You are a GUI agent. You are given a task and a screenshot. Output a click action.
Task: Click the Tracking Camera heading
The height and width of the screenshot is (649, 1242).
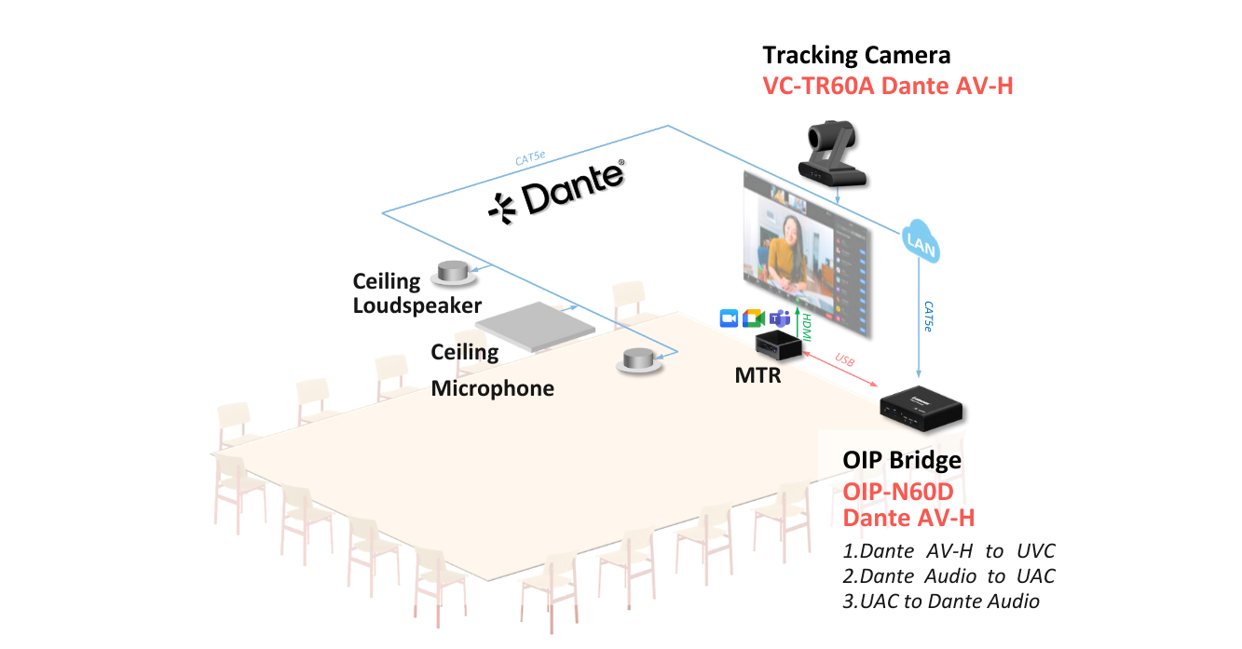pos(856,56)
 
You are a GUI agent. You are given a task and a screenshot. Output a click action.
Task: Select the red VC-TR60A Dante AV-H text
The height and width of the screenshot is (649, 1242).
pos(888,86)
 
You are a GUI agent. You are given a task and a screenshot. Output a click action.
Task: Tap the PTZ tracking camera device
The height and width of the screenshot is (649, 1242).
pos(832,154)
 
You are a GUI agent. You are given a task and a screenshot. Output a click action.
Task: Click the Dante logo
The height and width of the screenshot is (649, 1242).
pos(556,192)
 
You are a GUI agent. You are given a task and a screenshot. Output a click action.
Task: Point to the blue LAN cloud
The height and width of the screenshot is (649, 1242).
pos(921,242)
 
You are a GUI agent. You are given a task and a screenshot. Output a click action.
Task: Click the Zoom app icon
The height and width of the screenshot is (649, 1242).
pos(729,318)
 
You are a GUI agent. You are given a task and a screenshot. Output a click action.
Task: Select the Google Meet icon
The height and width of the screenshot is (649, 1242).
pos(754,318)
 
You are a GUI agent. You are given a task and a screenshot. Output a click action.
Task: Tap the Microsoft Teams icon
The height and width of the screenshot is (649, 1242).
pos(780,318)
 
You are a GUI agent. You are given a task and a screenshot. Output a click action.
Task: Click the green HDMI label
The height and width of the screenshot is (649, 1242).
pos(807,327)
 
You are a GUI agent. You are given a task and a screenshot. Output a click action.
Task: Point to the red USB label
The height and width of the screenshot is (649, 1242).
pos(845,360)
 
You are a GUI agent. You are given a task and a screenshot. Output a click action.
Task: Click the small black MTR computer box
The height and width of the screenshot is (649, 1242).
pos(779,345)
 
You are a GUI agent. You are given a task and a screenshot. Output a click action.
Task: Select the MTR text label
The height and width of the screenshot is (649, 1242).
pos(757,376)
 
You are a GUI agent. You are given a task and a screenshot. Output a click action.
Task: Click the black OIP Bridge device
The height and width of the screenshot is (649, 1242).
pos(921,408)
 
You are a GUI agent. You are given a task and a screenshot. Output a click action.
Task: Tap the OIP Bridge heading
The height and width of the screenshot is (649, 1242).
pos(902,460)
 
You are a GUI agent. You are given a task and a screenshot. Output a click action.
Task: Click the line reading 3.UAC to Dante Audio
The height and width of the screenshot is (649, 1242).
pos(941,602)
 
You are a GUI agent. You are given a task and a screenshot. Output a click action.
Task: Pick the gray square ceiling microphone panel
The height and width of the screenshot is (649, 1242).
pos(535,327)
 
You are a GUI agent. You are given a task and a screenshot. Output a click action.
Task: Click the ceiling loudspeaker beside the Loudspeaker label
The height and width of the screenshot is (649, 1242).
pos(454,273)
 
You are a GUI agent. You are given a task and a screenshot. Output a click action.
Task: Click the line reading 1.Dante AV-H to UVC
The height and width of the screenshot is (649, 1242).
pos(949,551)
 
